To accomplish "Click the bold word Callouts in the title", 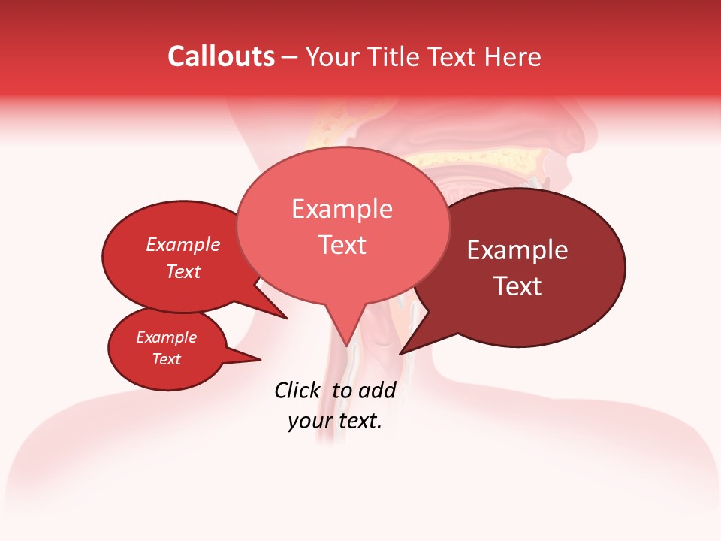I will point(221,56).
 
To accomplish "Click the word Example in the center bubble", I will point(342,209).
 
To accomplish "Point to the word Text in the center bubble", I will point(342,245).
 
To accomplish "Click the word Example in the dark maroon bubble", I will point(517,250).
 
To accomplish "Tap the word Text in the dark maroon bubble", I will point(517,286).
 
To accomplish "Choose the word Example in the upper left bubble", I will point(183,244).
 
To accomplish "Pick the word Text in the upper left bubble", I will point(183,271).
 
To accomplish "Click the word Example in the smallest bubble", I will point(166,337).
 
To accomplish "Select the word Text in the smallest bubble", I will point(166,359).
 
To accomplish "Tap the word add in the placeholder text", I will point(377,390).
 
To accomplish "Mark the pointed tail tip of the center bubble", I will point(347,346).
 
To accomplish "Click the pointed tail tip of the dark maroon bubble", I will point(400,354).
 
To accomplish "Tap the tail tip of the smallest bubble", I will point(261,359).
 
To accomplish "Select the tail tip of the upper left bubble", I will point(287,318).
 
